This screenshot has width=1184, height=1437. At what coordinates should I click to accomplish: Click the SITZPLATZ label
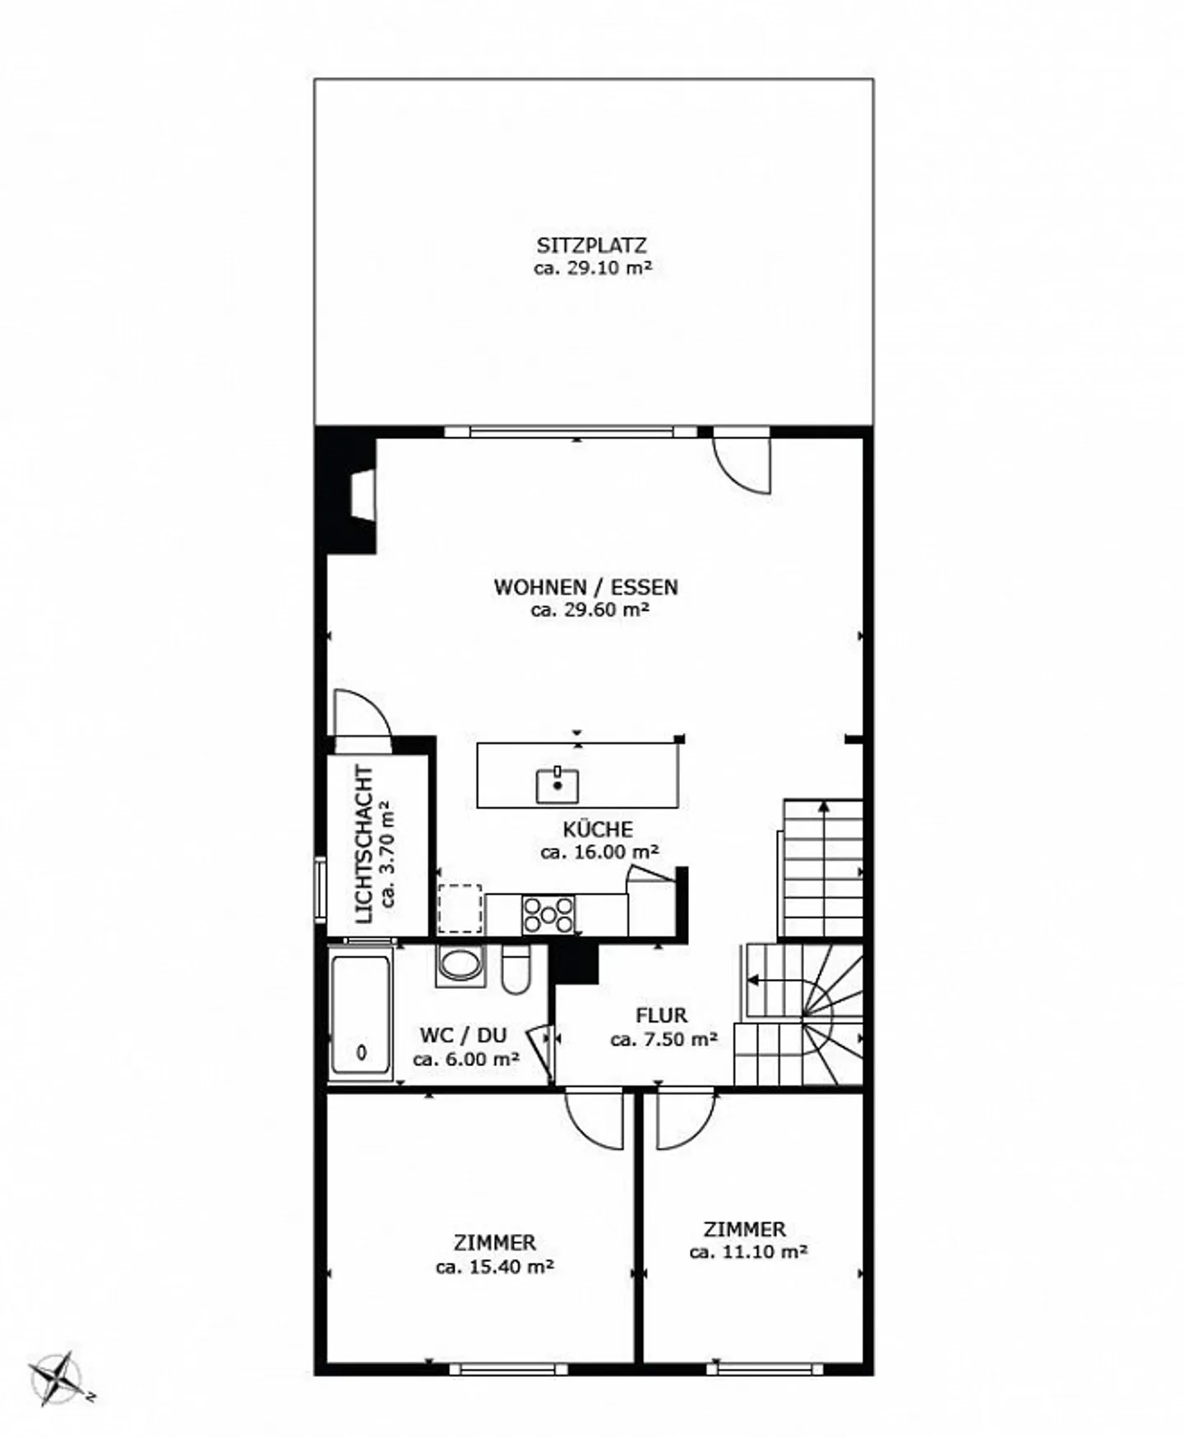click(x=592, y=245)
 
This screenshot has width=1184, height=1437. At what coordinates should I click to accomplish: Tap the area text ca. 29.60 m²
click(x=590, y=610)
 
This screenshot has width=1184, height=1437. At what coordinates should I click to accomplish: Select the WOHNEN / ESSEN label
click(x=585, y=587)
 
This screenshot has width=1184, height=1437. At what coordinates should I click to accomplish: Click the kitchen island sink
click(x=557, y=785)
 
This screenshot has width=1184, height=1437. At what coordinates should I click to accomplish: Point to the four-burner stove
click(x=548, y=914)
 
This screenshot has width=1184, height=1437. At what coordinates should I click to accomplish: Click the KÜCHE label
click(x=598, y=829)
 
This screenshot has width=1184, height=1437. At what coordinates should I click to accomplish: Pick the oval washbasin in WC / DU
click(x=461, y=965)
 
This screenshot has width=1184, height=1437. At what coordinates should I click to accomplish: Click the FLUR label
click(x=661, y=1015)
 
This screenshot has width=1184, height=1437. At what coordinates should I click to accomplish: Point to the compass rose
click(x=59, y=1376)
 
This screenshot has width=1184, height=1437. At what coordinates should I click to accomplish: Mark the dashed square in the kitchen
click(x=460, y=908)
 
